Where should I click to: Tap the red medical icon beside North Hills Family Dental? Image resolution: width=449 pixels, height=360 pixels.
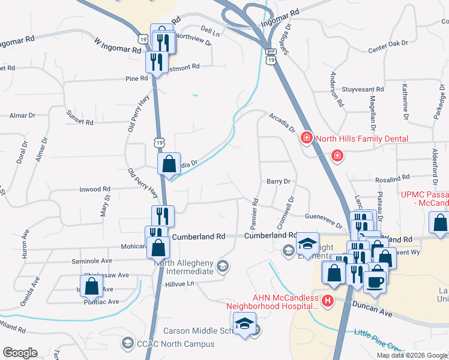click(307, 139)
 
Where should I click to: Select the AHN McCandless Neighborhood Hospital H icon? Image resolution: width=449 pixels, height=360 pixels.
click(328, 300)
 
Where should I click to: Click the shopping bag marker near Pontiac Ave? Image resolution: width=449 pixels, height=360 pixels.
click(91, 286)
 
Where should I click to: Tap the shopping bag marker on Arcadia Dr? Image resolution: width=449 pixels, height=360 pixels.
click(169, 163)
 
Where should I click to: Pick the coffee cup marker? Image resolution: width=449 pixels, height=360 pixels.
click(375, 281)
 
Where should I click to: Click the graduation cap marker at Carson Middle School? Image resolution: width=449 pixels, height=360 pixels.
click(244, 324)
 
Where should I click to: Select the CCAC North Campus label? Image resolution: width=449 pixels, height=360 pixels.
click(175, 344)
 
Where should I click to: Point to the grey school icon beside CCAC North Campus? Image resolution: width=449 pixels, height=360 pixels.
click(127, 344)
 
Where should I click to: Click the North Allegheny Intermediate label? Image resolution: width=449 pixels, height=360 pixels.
click(184, 266)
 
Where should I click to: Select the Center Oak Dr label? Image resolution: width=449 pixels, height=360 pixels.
click(387, 46)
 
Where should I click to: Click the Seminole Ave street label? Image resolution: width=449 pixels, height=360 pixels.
click(92, 261)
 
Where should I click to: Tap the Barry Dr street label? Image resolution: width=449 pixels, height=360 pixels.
click(279, 181)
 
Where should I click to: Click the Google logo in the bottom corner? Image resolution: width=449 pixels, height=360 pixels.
click(19, 353)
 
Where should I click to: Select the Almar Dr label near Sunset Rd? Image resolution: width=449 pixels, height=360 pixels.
click(23, 115)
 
